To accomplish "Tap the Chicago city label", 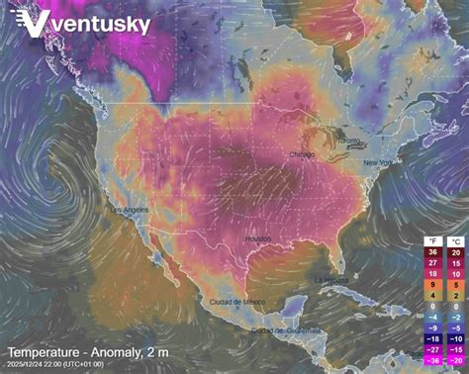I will [x=302, y=155].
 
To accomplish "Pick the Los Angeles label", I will [x=131, y=211].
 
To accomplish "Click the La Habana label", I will [x=331, y=280].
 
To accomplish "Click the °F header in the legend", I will [x=430, y=240].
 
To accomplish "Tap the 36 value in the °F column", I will [x=430, y=252].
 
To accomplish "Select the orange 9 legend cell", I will [x=430, y=282].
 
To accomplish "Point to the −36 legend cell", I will [x=430, y=361].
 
